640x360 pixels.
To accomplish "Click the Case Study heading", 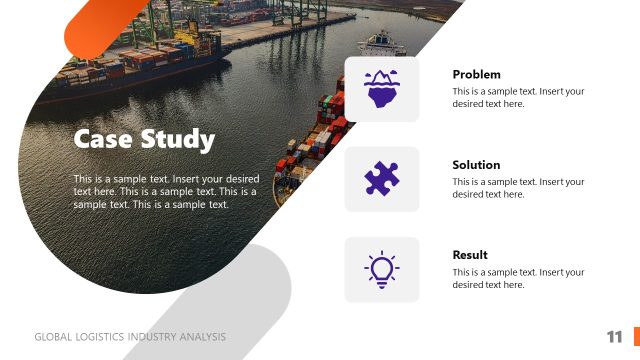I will click(x=144, y=139).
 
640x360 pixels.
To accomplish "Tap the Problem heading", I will click(x=476, y=75).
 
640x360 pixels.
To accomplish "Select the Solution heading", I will click(x=476, y=165).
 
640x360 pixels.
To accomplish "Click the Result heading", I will click(x=470, y=255).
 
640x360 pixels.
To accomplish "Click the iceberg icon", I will click(x=382, y=89).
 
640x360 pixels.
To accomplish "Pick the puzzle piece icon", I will click(x=382, y=179).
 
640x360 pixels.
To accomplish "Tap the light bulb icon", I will click(x=382, y=269).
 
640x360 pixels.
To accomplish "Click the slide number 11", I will click(x=614, y=336).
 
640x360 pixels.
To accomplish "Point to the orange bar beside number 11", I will click(x=635, y=336).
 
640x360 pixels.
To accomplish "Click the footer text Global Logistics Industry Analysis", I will click(x=130, y=337).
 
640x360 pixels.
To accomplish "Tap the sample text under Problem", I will click(x=518, y=97).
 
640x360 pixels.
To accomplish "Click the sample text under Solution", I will click(x=518, y=187).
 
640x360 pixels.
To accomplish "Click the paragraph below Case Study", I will click(x=166, y=191).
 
